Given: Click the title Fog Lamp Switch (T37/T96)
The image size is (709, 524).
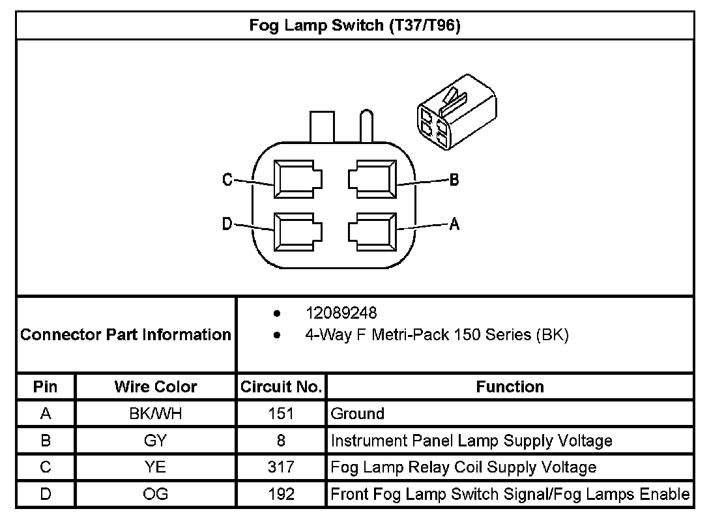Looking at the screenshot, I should click(x=355, y=26).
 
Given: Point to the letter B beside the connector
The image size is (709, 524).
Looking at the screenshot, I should click(x=454, y=181).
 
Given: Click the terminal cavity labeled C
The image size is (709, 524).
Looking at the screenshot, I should click(x=298, y=179).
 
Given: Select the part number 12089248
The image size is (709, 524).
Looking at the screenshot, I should click(x=341, y=313).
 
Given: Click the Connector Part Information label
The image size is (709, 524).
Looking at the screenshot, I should click(x=126, y=335).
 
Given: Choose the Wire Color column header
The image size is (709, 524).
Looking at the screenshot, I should click(x=156, y=386).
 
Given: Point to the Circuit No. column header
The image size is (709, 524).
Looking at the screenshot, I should click(x=281, y=386).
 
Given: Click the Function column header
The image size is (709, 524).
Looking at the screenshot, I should click(x=510, y=386).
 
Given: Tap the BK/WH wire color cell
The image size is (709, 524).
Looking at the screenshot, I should click(x=156, y=413).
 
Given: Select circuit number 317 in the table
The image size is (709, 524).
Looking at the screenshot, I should click(x=281, y=467).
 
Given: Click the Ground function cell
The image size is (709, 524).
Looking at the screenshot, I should click(x=358, y=413).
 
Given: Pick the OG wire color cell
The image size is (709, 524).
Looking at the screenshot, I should click(x=156, y=494).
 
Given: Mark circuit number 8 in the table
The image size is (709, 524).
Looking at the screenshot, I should click(x=281, y=441).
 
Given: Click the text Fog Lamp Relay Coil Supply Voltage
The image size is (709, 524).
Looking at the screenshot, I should click(x=463, y=467).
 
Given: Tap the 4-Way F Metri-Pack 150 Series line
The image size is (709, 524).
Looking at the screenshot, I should click(x=437, y=336).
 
